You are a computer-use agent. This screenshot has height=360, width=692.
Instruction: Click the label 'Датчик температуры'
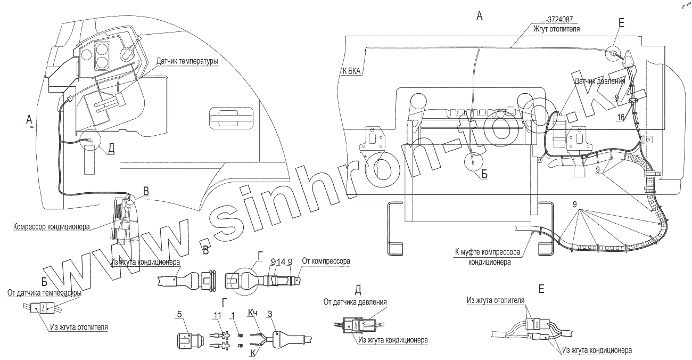[x=187, y=62]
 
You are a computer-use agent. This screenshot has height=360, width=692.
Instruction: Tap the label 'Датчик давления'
[x=599, y=81]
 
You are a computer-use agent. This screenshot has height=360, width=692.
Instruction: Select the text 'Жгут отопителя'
[x=557, y=29]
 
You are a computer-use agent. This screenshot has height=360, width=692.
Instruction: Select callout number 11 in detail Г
[x=217, y=316]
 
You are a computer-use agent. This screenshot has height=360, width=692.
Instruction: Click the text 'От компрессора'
[x=325, y=261]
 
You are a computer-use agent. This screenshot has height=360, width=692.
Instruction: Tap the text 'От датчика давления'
[x=355, y=302]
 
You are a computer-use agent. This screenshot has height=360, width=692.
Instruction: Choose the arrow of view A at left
[x=29, y=128]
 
